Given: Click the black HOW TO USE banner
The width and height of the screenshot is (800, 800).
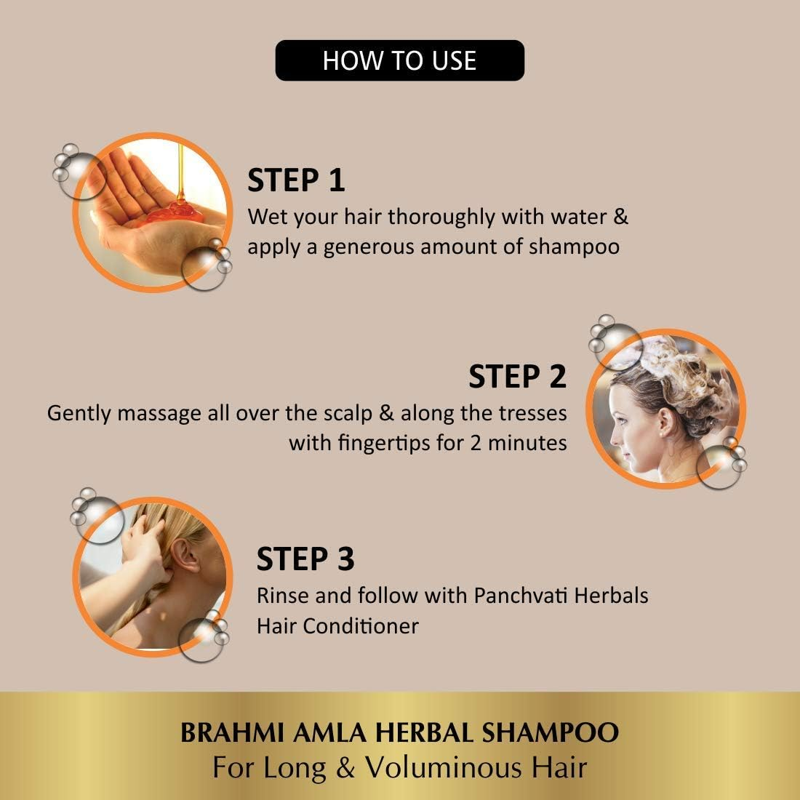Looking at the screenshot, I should pos(399,60).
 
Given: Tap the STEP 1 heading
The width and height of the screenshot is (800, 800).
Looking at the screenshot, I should pos(296,180).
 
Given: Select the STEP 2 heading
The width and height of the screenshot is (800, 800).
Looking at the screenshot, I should pos(517,377).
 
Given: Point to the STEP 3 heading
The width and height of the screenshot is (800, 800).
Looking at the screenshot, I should pos(305,559).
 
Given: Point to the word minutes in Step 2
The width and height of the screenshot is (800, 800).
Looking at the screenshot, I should pos(527,442).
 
